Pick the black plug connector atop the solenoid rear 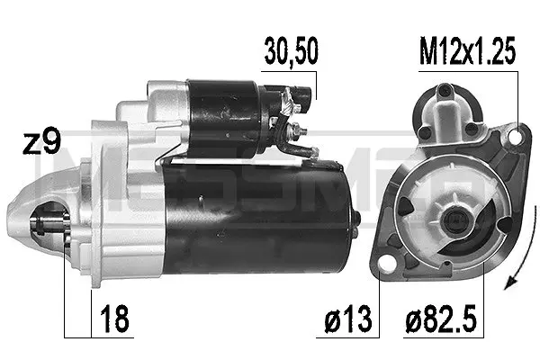[x=303, y=90]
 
